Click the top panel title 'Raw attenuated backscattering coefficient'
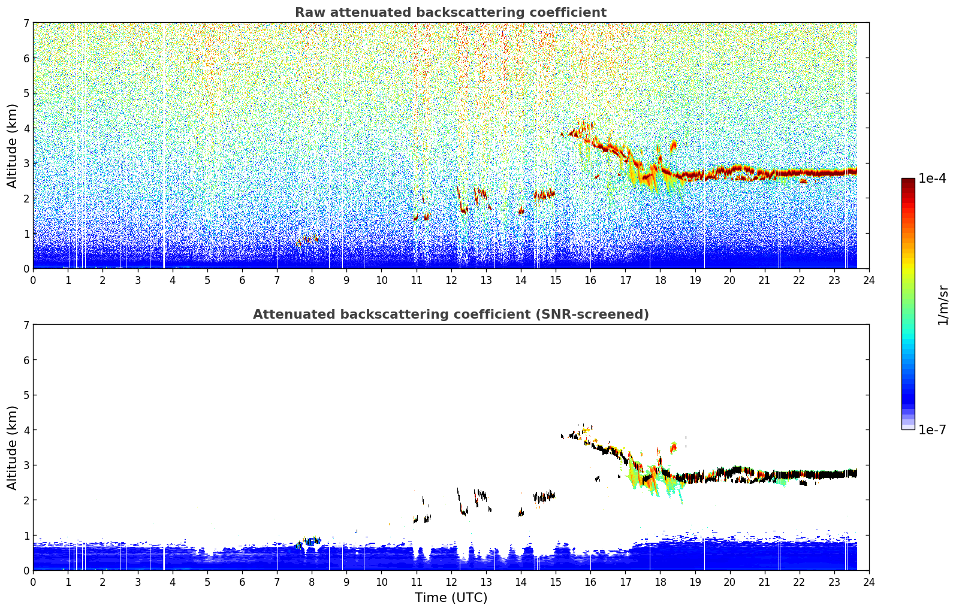coord(451,13)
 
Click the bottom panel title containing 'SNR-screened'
coord(451,314)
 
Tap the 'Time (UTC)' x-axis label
coord(451,598)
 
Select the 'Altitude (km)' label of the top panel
coord(12,146)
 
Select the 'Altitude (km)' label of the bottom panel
coord(12,448)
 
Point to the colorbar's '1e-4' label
coord(932,179)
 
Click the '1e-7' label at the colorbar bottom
coord(932,430)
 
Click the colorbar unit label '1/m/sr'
coord(943,305)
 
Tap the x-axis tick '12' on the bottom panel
coord(451,582)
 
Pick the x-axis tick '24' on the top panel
coord(869,280)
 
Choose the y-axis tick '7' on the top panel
coord(26,23)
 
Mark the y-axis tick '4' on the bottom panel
coord(26,430)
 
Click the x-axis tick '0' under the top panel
coord(34,280)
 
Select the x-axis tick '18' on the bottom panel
coord(661,582)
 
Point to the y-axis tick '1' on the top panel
coord(26,234)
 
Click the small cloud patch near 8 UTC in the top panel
coord(307,241)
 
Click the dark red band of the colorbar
coord(908,183)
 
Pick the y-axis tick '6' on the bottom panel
coord(26,360)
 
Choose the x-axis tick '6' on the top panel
coord(242,280)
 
